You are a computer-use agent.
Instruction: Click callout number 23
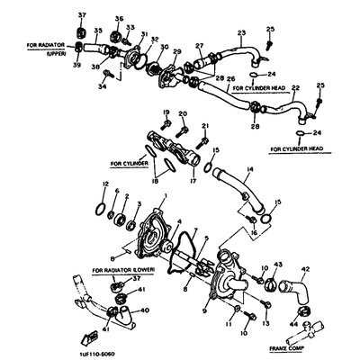(x=240, y=34)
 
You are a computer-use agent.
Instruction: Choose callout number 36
(x=119, y=19)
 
